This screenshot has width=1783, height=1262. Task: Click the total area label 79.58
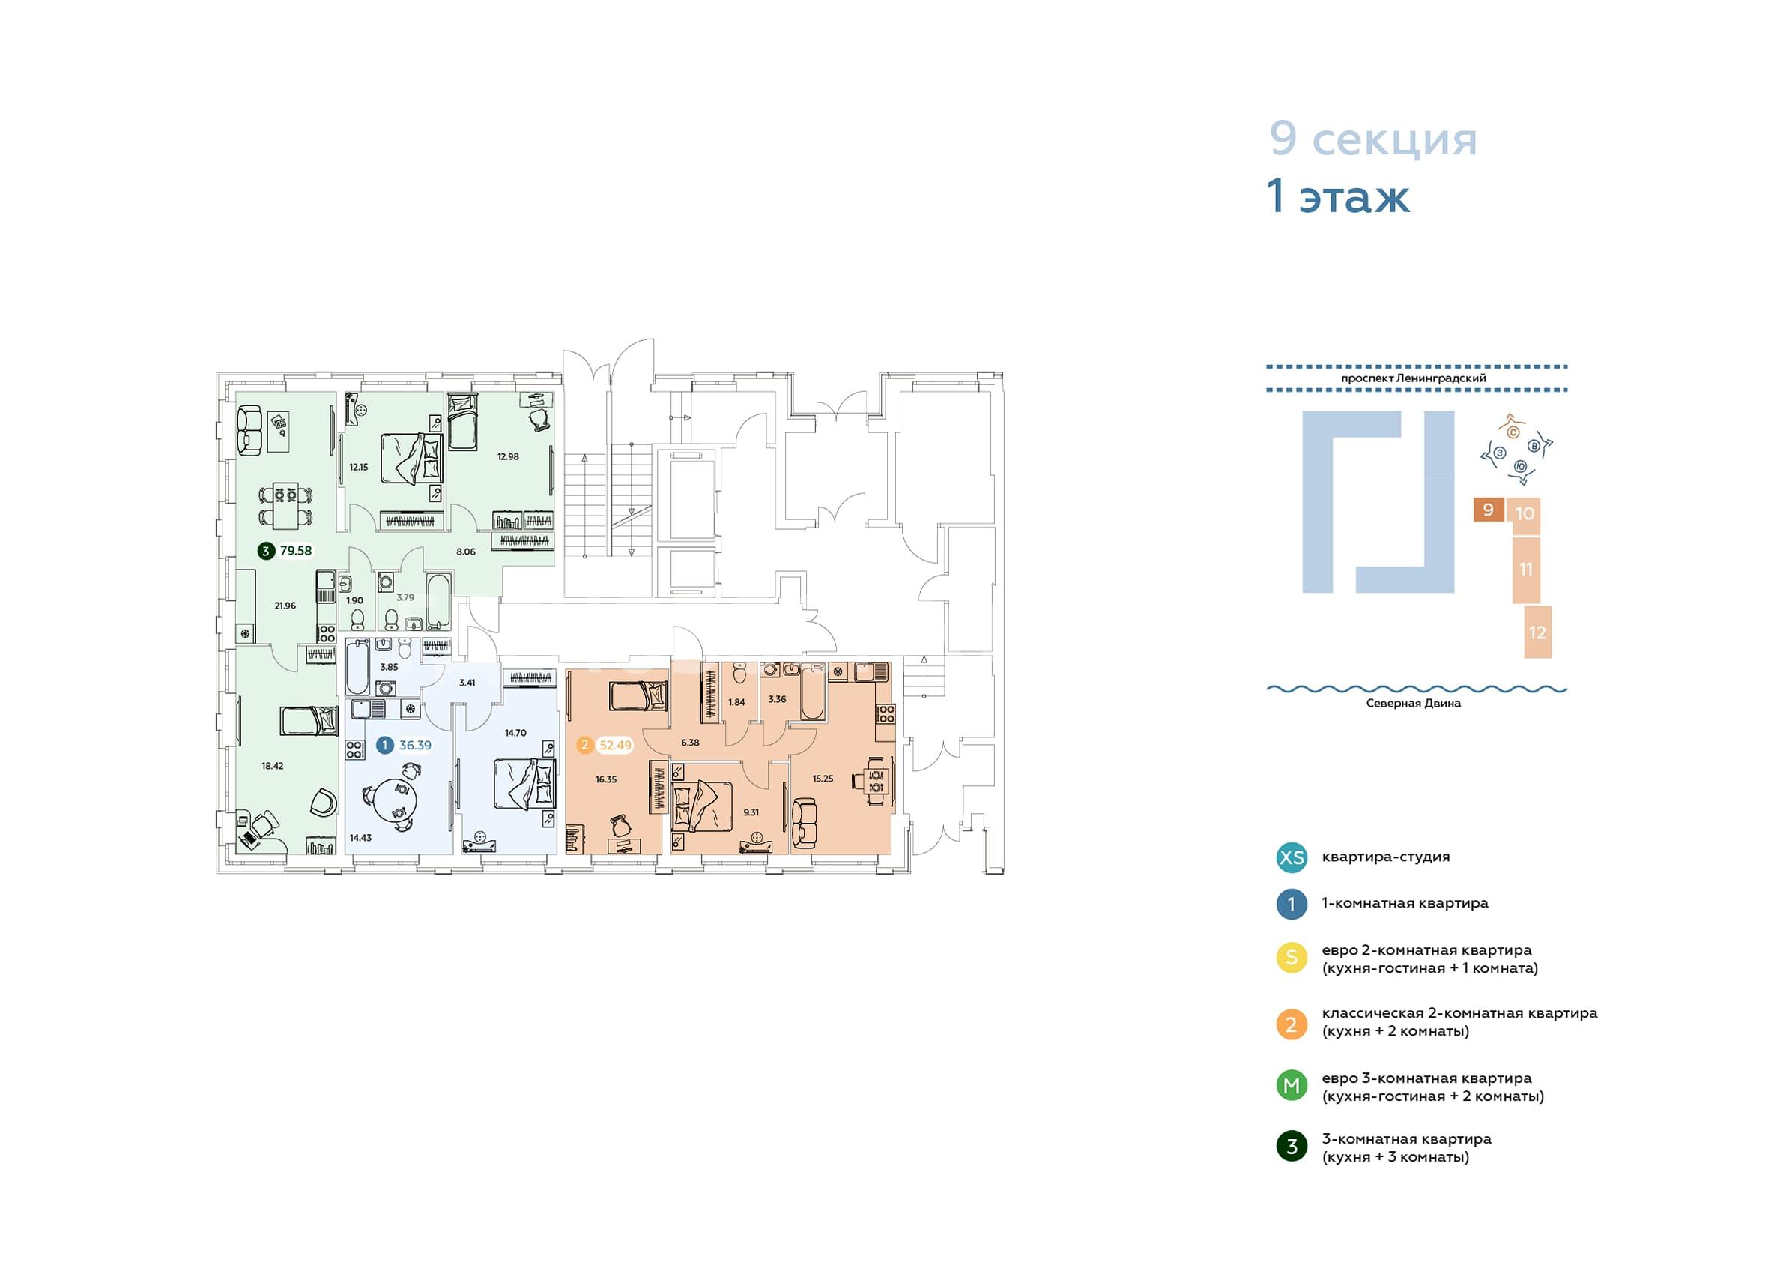click(296, 551)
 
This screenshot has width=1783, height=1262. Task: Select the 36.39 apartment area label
click(415, 745)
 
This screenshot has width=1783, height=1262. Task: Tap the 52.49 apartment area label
click(615, 745)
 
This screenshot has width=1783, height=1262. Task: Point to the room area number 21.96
click(285, 606)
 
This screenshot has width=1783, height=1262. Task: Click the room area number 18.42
click(273, 765)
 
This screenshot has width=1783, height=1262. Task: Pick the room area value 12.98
click(508, 456)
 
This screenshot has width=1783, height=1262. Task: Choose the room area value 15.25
click(823, 778)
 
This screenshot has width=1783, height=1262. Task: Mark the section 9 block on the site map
click(1489, 510)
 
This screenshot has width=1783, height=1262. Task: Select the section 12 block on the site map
click(1537, 632)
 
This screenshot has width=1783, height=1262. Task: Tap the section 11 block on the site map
click(1526, 569)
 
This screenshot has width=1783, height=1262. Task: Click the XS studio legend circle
click(1292, 857)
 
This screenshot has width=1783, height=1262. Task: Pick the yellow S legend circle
click(1292, 958)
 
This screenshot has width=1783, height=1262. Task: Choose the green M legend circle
click(1292, 1085)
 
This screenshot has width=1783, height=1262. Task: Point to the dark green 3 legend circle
click(1292, 1146)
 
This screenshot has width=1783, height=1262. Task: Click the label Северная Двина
click(1414, 703)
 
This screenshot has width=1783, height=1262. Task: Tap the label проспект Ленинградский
click(1414, 378)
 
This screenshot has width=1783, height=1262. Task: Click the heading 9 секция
click(1373, 140)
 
